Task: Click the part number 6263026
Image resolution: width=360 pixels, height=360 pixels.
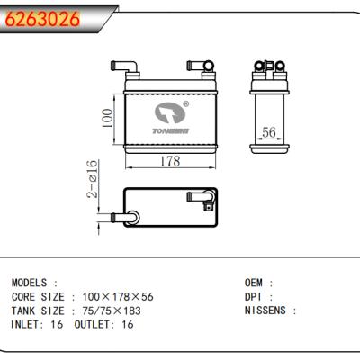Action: coord(42,19)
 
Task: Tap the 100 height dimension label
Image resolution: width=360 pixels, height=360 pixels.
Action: coord(107,119)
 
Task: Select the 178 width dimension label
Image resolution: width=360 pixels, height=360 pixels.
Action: coord(170,161)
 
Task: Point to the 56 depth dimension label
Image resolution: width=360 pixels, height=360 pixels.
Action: coord(268,132)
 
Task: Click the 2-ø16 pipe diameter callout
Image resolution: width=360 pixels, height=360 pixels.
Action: coord(93,179)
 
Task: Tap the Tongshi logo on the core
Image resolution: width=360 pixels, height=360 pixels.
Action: coord(171,118)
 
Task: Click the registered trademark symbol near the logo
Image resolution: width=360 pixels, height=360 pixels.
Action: coord(186,104)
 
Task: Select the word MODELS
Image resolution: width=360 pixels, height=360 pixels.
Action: coord(29,283)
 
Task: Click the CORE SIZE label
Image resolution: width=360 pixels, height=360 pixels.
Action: coord(38,297)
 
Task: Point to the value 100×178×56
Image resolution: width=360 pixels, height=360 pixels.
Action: coord(118,297)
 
